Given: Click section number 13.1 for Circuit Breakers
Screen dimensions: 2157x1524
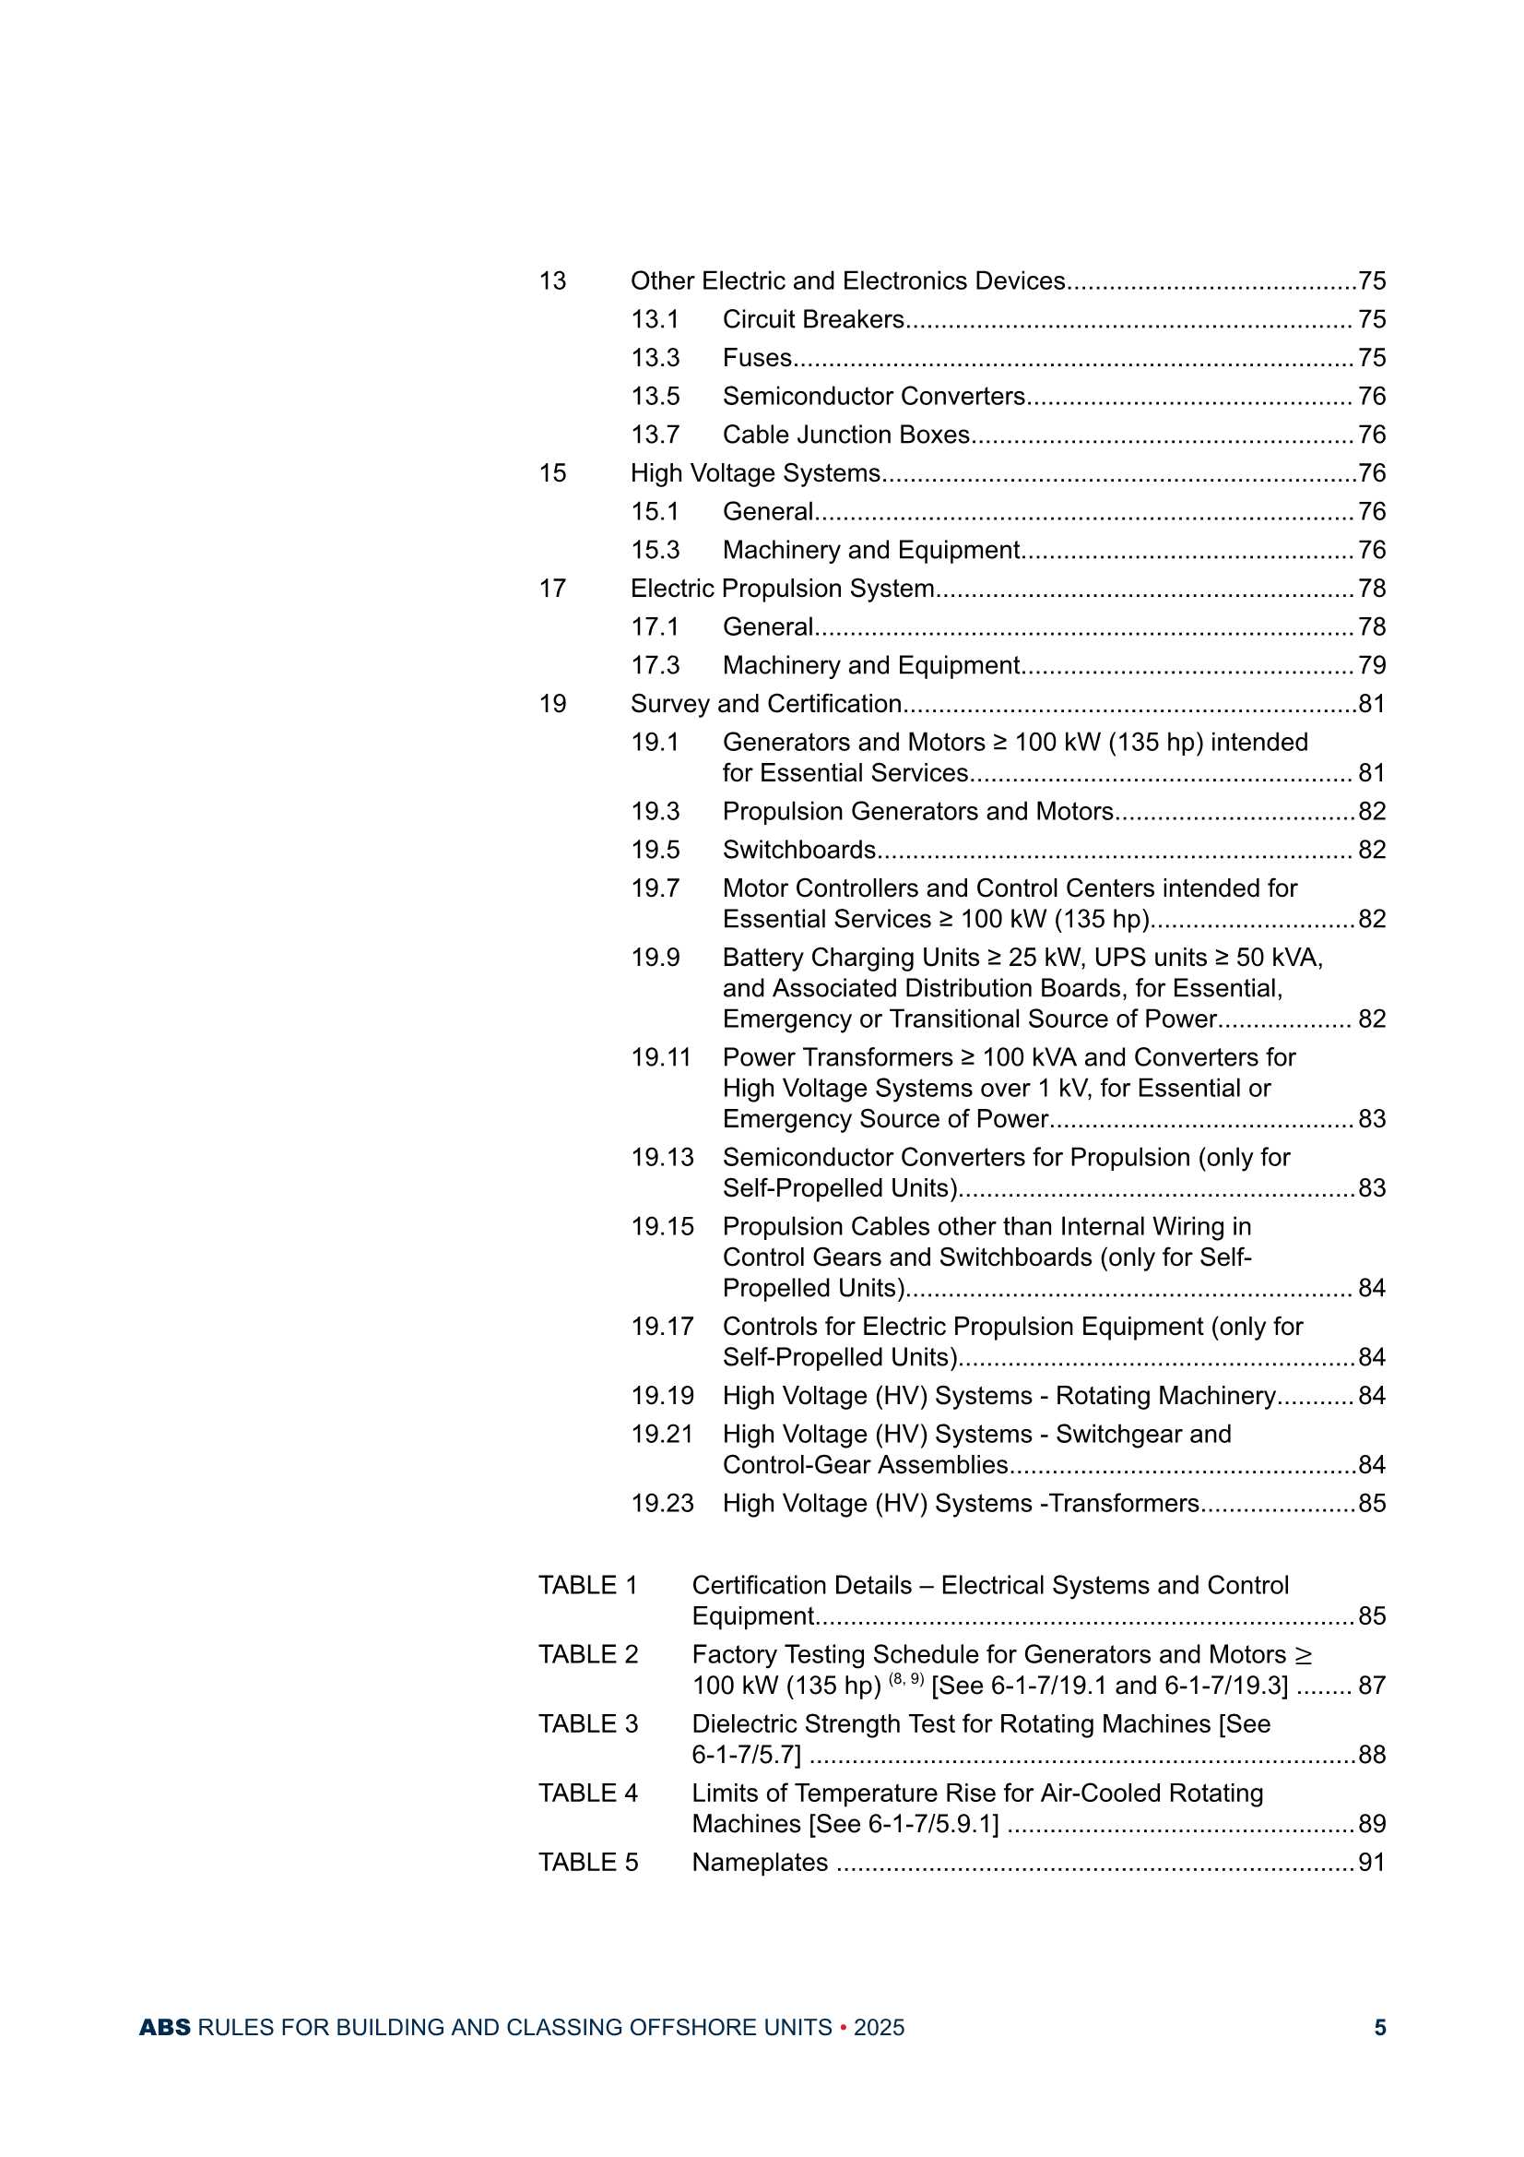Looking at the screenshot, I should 655,319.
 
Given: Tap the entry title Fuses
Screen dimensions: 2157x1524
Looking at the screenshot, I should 757,358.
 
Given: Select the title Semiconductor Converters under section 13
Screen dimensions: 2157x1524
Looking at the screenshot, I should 873,397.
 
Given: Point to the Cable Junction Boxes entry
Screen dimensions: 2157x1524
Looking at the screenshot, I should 845,435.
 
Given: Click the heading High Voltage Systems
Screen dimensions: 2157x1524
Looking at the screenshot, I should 755,473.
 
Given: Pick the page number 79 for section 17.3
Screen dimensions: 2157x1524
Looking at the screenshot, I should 1371,666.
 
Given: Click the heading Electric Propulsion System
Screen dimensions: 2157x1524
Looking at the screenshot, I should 782,589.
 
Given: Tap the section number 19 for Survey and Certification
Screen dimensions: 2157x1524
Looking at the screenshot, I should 552,705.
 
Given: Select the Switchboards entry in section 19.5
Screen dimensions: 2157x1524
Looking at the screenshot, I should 798,851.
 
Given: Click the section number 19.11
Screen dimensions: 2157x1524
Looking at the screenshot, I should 661,1058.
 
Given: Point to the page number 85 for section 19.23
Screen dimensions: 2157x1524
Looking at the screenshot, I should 1371,1504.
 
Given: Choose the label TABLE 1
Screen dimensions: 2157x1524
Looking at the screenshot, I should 588,1586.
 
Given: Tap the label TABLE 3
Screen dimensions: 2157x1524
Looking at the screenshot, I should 588,1725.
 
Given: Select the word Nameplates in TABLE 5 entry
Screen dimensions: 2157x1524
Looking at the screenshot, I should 760,1863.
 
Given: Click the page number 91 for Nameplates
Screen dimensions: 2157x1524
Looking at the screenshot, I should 1371,1863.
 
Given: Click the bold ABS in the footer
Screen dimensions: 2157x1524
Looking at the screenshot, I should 164,2028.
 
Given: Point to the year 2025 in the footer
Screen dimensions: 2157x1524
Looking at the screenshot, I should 879,2028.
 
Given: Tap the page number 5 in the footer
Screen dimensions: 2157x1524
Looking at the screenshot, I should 1379,2028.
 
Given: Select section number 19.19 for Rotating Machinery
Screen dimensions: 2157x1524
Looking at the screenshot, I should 662,1396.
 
